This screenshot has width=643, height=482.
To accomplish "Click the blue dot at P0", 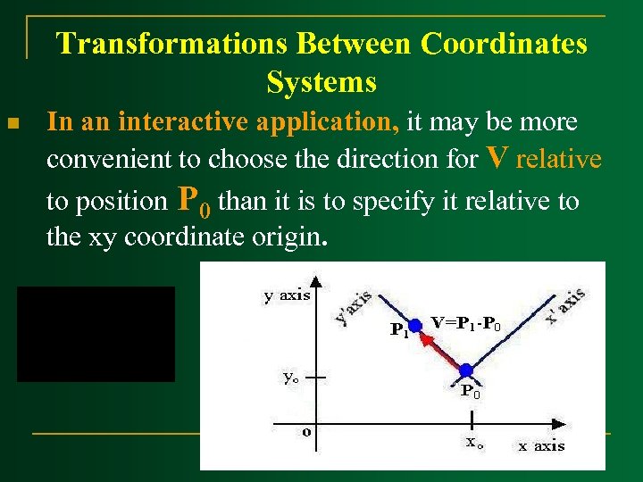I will (465, 370).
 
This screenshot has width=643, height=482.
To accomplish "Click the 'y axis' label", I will (287, 295).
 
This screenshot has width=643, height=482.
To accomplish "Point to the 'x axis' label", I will (541, 445).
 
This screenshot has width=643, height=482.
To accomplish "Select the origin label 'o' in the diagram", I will (306, 432).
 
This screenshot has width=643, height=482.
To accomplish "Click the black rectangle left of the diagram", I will (96, 334).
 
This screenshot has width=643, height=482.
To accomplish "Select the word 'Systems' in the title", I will (321, 82).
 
